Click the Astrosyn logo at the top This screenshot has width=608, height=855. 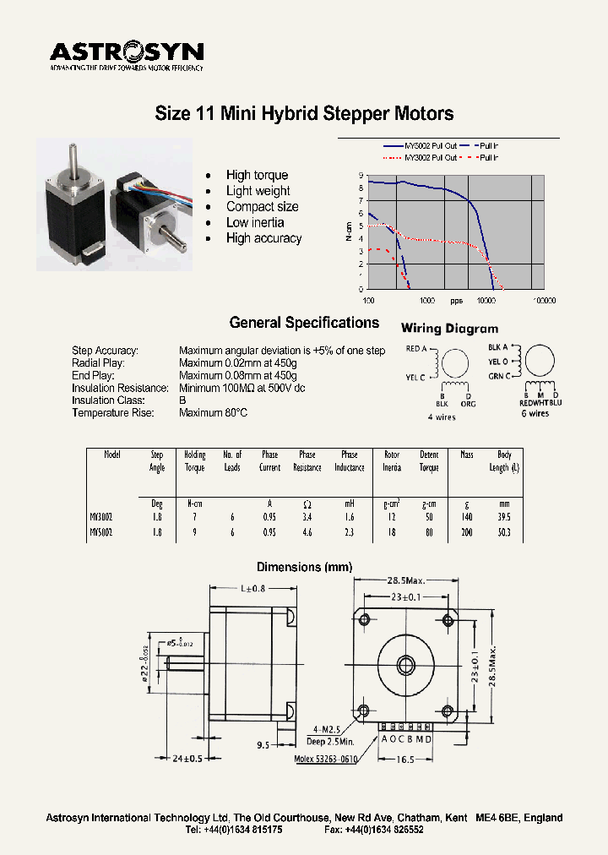point(127,53)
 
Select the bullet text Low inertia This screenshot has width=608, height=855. point(255,223)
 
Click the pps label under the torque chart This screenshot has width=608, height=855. point(456,301)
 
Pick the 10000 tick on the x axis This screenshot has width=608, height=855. point(486,301)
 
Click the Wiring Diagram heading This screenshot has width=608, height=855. point(449,329)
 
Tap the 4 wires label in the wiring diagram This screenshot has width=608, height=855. point(442,417)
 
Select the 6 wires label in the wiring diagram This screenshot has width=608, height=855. point(535,413)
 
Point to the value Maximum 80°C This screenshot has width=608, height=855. point(213,413)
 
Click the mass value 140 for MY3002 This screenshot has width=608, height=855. point(467,517)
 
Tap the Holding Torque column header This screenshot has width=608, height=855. point(195,460)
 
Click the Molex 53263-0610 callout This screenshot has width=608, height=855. point(326,759)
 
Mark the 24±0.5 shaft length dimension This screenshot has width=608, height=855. point(188,758)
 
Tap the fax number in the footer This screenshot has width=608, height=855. point(398,830)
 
